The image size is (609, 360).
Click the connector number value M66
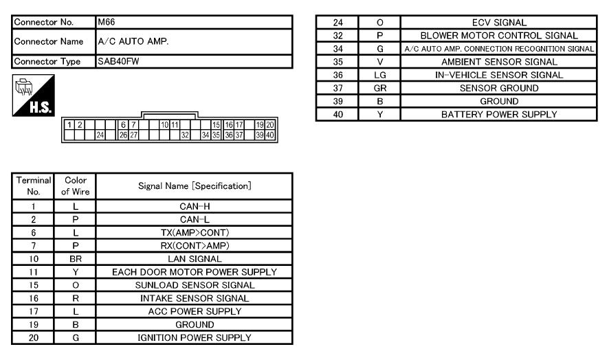point(106,22)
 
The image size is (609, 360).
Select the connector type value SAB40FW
point(118,61)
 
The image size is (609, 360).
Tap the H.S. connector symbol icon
point(34,95)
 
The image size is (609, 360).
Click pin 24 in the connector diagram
point(100,135)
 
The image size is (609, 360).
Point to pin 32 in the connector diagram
point(185,135)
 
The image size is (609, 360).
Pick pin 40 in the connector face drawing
point(270,135)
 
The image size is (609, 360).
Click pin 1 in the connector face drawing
point(69,125)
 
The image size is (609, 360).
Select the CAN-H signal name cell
point(195,206)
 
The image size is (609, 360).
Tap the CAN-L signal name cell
point(195,219)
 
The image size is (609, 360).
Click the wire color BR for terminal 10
point(76,259)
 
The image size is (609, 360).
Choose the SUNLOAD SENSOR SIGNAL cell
point(195,285)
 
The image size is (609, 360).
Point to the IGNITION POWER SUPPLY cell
point(195,337)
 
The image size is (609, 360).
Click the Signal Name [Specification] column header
point(195,186)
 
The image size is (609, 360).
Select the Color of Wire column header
point(76,186)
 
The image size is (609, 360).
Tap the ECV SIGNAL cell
point(499,23)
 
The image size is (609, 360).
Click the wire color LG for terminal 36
point(380,75)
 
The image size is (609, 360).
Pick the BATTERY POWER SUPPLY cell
point(499,114)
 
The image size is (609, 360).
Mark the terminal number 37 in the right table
point(338,88)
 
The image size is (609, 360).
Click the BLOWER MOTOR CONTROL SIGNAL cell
point(499,36)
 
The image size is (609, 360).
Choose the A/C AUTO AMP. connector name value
point(133,41)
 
